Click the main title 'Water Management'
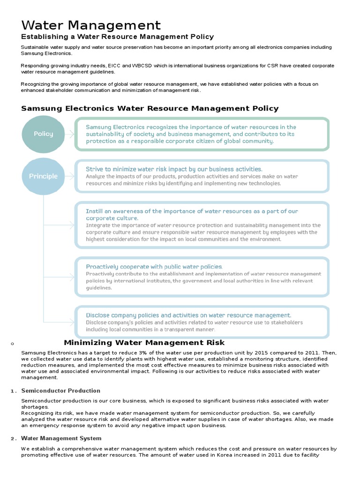[x=91, y=25]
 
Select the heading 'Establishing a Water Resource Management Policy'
[x=117, y=37]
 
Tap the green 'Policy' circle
[x=44, y=134]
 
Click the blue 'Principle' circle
[x=44, y=176]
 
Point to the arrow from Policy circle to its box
[x=69, y=134]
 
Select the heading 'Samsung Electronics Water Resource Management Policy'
[x=150, y=108]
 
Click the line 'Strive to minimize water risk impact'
[x=174, y=169]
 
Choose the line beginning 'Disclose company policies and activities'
[x=188, y=315]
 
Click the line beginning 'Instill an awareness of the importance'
[x=192, y=211]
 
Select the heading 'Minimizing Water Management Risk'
[x=144, y=343]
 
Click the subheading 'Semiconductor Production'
[x=61, y=390]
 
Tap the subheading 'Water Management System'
[x=61, y=438]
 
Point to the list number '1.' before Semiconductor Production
[x=14, y=391]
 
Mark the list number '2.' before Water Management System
[x=14, y=439]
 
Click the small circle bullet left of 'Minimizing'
[x=11, y=344]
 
